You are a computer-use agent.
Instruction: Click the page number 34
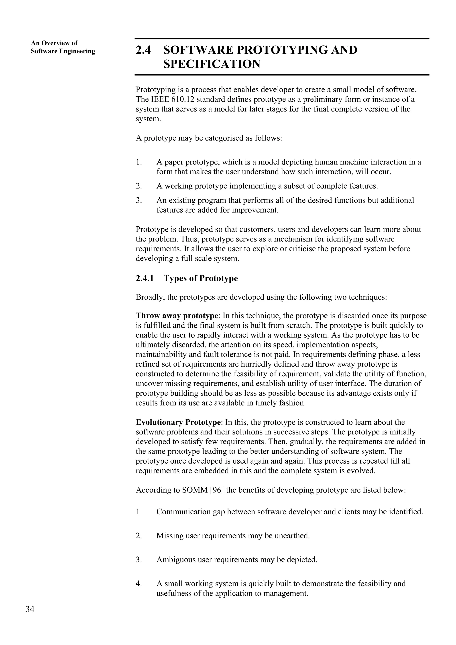point(30,609)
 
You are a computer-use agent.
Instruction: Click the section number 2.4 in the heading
point(143,50)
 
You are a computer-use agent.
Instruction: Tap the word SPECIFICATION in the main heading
point(212,64)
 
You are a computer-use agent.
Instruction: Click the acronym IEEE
point(159,99)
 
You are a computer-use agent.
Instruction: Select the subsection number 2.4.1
point(145,278)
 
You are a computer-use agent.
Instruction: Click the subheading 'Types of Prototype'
point(201,278)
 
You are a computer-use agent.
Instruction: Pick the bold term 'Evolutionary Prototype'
point(178,430)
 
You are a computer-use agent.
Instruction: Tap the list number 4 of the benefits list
point(138,584)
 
